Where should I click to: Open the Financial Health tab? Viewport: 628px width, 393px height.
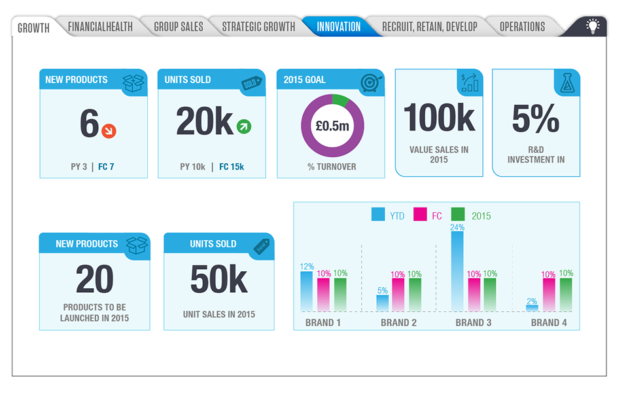tap(100, 27)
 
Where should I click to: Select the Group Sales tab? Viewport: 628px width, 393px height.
tap(179, 27)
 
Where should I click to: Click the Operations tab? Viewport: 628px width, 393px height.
tap(522, 27)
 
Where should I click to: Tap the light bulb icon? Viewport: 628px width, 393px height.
tap(593, 27)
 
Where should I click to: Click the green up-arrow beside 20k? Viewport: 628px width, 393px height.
tap(243, 126)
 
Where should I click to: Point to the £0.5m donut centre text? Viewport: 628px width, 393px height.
tap(332, 126)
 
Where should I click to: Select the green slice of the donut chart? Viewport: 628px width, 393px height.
tap(340, 100)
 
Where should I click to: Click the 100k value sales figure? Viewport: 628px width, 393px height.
tap(439, 118)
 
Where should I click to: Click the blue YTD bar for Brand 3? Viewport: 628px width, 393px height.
tap(457, 271)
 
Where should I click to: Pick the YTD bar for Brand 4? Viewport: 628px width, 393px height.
tap(532, 307)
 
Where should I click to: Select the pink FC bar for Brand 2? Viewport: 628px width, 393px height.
tap(398, 294)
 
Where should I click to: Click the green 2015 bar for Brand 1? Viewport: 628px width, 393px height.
tap(340, 294)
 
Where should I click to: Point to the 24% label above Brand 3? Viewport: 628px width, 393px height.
tap(457, 227)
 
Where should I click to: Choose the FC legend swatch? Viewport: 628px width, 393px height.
tap(420, 215)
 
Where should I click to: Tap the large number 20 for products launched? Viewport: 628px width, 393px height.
tap(94, 280)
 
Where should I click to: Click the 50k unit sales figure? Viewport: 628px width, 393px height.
tap(218, 280)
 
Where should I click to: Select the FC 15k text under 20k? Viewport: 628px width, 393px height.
tap(232, 166)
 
